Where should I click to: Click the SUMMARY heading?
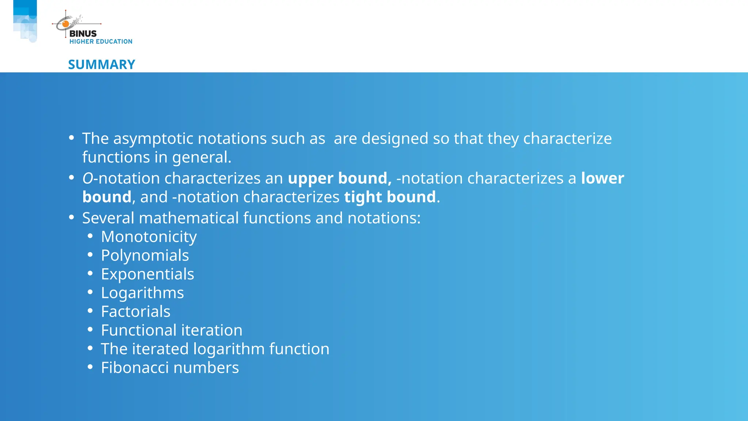(x=102, y=65)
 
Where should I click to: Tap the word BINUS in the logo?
(x=83, y=34)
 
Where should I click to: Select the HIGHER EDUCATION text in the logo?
(x=101, y=42)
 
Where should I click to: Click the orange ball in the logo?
(x=66, y=24)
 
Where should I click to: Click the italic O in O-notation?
(x=88, y=178)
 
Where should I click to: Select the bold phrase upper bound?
(x=339, y=178)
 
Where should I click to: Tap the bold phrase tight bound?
(x=390, y=197)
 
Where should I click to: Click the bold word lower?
(x=603, y=178)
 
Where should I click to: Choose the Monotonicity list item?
(x=149, y=237)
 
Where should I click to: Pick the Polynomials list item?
(x=145, y=255)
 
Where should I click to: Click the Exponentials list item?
(x=148, y=274)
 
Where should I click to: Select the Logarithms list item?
(x=142, y=293)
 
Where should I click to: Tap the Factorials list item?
(x=136, y=312)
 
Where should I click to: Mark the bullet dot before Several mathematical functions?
(x=72, y=218)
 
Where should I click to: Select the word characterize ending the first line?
(x=568, y=139)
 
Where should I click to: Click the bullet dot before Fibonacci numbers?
(x=90, y=367)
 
